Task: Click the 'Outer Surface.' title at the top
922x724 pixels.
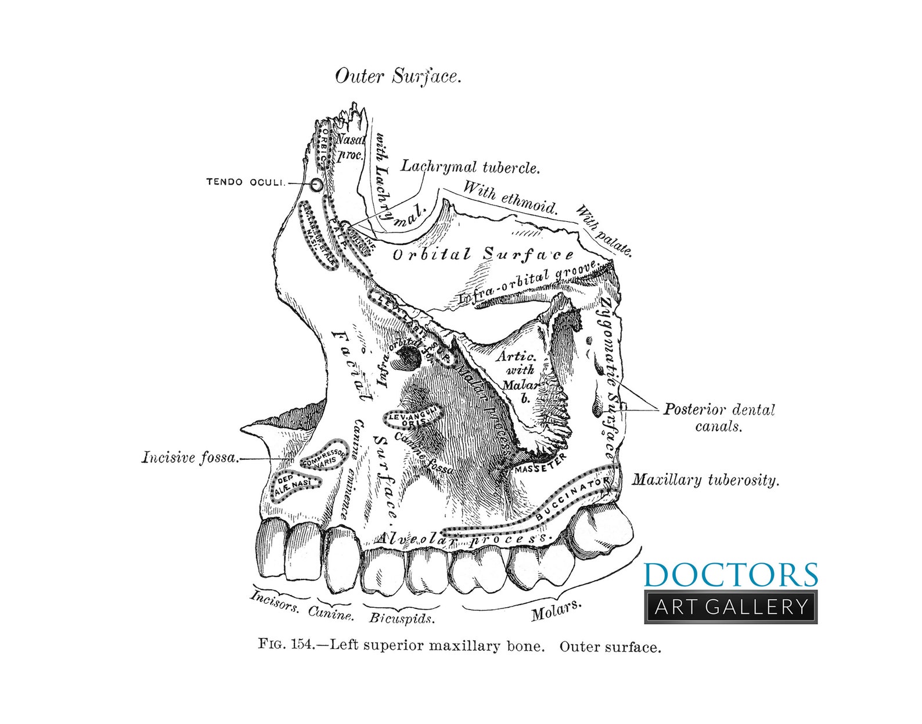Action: click(x=398, y=76)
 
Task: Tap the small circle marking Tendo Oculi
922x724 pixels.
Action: click(x=316, y=185)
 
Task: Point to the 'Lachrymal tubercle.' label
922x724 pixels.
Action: click(x=471, y=167)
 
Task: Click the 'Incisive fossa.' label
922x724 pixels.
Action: click(x=190, y=458)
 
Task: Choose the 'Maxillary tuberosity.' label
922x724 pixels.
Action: click(x=705, y=480)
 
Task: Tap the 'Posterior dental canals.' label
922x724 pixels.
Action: click(x=719, y=417)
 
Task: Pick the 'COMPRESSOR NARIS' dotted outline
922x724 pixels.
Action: click(x=326, y=456)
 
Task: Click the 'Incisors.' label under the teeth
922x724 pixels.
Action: click(x=275, y=603)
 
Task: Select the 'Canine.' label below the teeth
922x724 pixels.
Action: click(x=330, y=613)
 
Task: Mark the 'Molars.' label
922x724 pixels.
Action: click(x=556, y=610)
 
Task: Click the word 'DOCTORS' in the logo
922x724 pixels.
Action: click(x=730, y=575)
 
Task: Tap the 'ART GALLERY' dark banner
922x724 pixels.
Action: click(x=731, y=607)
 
